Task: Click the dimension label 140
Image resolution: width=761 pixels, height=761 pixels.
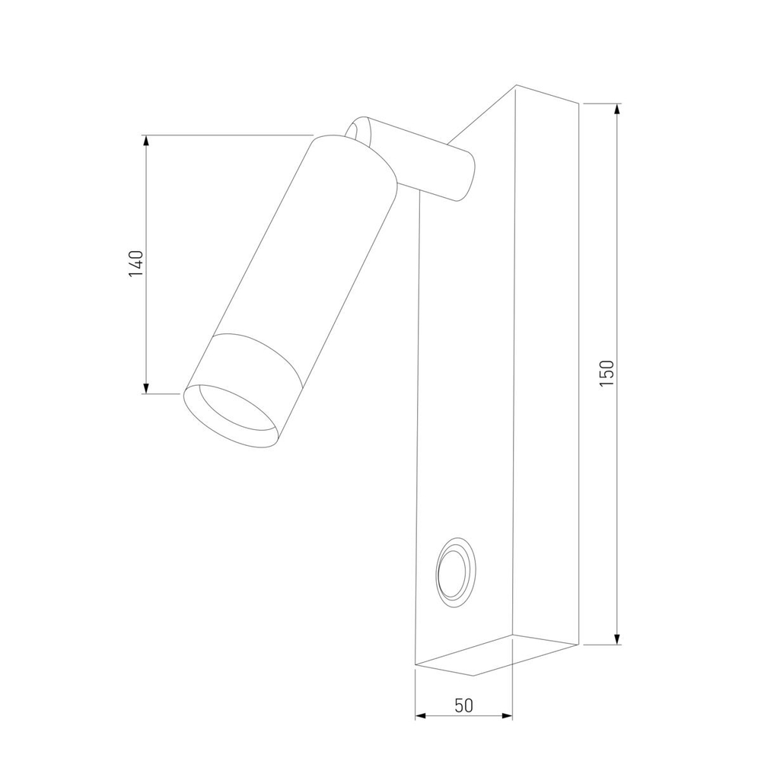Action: (x=135, y=263)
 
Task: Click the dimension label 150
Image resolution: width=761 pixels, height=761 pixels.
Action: (x=606, y=374)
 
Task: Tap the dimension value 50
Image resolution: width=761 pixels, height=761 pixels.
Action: (x=463, y=705)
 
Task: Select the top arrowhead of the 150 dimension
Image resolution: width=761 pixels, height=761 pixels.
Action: (x=617, y=109)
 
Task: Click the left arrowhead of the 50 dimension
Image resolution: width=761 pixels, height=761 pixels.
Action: (x=421, y=716)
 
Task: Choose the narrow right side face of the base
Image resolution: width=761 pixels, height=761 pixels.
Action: (x=546, y=365)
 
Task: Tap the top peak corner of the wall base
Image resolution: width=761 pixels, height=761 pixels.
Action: (x=515, y=87)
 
